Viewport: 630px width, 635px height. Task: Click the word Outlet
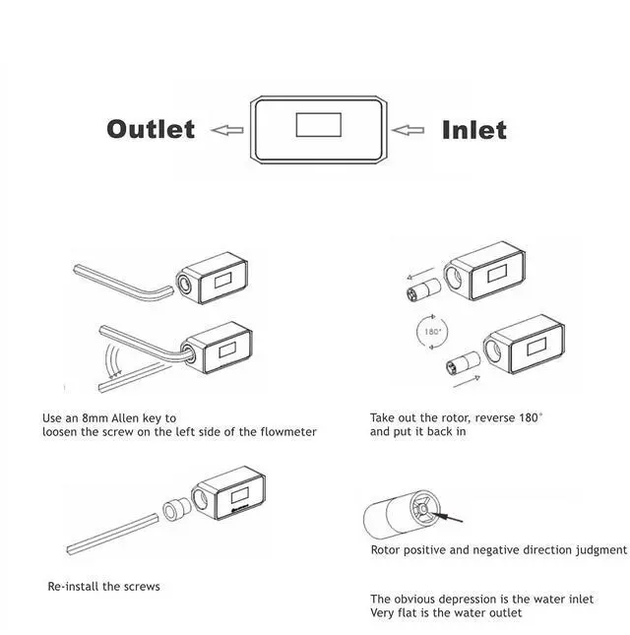[151, 129]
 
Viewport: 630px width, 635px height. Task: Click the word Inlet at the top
[473, 129]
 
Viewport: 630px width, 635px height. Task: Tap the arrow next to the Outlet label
[227, 129]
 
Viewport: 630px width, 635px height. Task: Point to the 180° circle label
[431, 332]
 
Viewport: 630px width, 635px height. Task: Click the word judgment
[595, 550]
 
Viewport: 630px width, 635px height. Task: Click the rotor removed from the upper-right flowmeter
[418, 290]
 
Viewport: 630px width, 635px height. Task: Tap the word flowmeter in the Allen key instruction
[284, 432]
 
